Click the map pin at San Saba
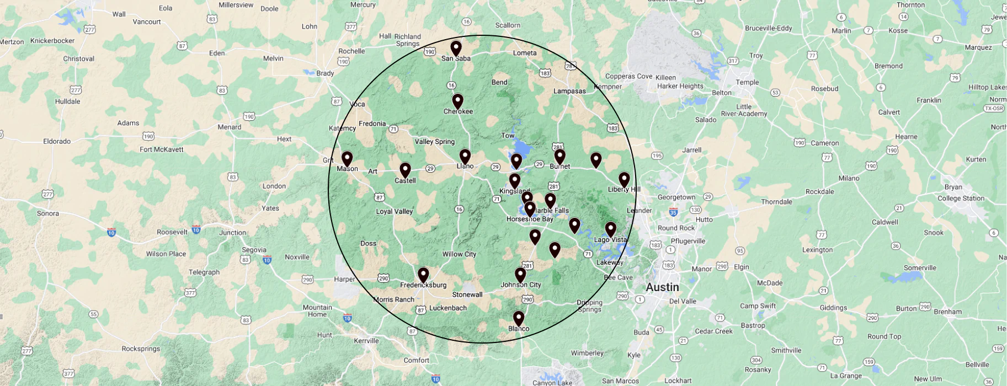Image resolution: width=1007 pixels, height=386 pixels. coord(456,48)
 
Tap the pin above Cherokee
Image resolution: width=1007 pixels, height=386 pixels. coord(457,101)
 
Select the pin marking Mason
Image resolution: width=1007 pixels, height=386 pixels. coord(347,159)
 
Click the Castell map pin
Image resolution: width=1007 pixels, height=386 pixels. coord(405,170)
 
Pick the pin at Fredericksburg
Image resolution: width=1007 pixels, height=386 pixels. coord(423,275)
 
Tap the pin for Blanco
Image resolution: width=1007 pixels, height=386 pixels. coord(519,318)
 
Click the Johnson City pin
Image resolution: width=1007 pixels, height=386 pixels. coord(520,275)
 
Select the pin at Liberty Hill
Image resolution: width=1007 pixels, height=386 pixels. coord(624,179)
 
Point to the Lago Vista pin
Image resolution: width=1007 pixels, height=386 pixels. coord(610,229)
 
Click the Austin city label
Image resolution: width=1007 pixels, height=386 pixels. coord(662,287)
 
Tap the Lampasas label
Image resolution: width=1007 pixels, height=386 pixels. coord(569,91)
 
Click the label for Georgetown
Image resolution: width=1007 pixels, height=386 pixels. coord(676,197)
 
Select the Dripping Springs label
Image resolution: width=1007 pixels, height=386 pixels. coord(589,306)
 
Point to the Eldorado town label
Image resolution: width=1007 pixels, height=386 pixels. coord(57,141)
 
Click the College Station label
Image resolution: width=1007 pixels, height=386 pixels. coord(961,199)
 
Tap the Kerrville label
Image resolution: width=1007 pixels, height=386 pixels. coord(366,341)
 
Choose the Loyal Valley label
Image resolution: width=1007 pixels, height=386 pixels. coord(394,211)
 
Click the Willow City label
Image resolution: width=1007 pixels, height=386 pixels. coord(459,254)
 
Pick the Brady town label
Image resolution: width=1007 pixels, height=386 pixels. coord(325,73)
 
